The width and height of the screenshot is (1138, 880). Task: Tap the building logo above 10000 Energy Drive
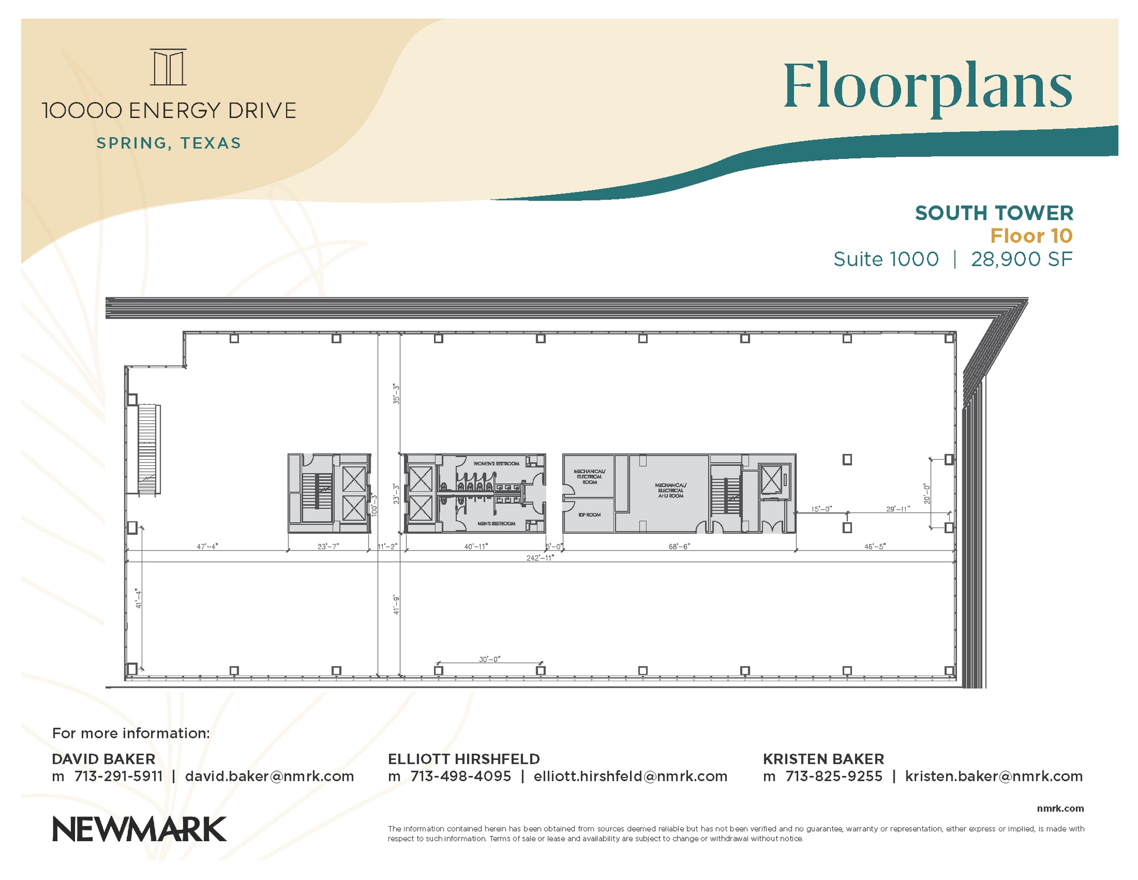tap(168, 67)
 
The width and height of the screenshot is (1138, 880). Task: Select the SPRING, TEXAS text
tap(169, 143)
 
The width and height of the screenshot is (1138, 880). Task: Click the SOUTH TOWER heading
tap(994, 213)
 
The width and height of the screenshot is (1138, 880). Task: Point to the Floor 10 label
tap(1031, 236)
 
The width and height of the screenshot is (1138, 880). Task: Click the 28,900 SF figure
tap(1021, 259)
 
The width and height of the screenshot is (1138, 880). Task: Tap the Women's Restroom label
tap(496, 463)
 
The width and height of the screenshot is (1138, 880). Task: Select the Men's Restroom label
tap(496, 524)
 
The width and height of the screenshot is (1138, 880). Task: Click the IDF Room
tap(589, 515)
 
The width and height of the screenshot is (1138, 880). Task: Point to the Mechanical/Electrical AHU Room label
tap(670, 490)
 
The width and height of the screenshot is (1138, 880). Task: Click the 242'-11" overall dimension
tap(540, 558)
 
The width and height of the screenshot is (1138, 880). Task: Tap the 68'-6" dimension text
tap(679, 546)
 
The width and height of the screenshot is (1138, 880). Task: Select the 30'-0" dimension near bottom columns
tap(490, 659)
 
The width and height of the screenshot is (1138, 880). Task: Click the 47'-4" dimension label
tap(207, 546)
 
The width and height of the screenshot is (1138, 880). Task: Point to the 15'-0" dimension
tap(821, 509)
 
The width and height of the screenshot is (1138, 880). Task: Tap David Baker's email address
tap(269, 776)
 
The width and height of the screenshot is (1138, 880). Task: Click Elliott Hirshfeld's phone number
tap(460, 776)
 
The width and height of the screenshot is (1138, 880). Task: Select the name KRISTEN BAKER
tap(823, 759)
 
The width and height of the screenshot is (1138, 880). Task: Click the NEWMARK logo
tap(139, 829)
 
